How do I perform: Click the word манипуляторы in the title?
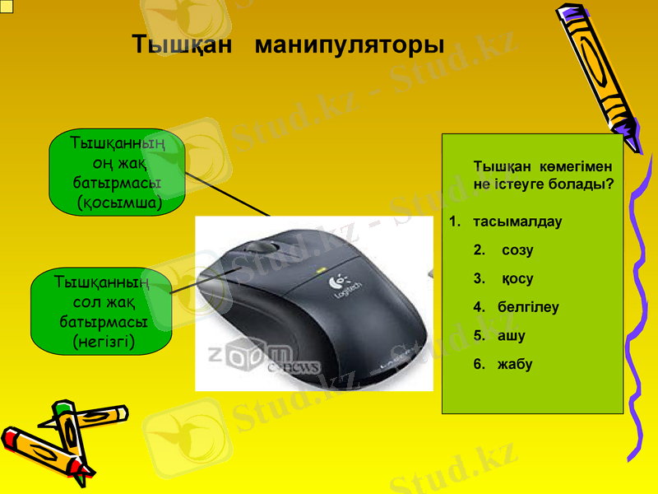click(350, 44)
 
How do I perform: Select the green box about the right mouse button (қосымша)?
click(117, 172)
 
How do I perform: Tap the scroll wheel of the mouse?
click(262, 246)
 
